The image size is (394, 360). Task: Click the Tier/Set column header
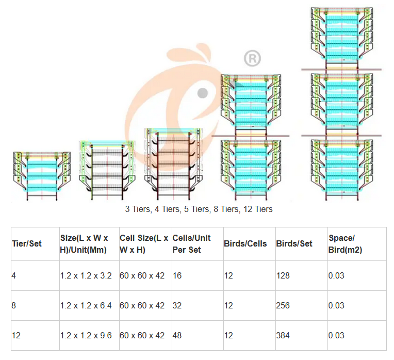tap(27, 243)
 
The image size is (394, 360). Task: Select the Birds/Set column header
tap(294, 243)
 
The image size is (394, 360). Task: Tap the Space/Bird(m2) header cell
tap(346, 243)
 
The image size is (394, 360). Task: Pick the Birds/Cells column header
tap(245, 243)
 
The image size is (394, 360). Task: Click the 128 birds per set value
tap(283, 276)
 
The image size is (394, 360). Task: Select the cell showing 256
tap(283, 306)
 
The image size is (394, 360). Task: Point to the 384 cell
tap(283, 336)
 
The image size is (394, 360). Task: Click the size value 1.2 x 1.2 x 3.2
tap(86, 276)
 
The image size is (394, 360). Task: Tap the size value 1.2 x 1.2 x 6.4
tap(86, 306)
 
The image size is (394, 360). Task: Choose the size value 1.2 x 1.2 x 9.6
tap(86, 336)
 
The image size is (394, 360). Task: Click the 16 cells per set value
tap(177, 276)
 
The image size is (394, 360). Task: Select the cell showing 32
tap(177, 306)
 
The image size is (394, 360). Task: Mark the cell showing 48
tap(177, 336)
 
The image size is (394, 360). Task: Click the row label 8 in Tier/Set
tap(14, 306)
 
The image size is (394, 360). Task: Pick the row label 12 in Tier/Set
tap(16, 336)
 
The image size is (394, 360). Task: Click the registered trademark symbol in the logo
tap(252, 58)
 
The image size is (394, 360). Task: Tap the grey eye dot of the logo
tap(203, 93)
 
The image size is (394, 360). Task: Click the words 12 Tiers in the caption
tap(255, 209)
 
